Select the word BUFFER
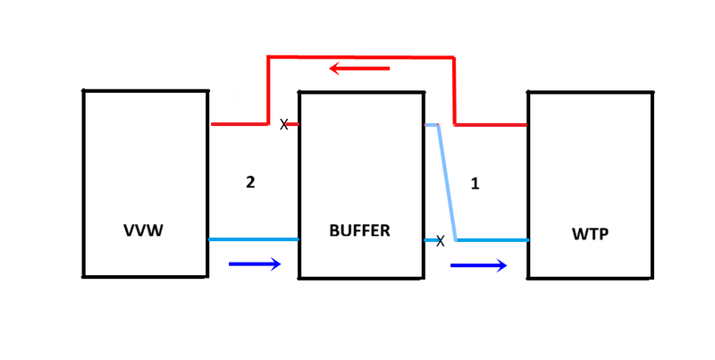358,230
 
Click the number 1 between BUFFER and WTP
475,184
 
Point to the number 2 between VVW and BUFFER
250,182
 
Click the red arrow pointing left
359,68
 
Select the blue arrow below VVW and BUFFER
256,264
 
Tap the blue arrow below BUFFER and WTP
478,264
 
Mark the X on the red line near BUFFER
284,125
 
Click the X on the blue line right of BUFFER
440,240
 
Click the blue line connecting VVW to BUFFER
253,239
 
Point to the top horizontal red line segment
361,57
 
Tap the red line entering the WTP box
492,125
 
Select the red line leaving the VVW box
238,124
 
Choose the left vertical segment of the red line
268,90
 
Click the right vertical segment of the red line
455,90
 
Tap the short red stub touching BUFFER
293,124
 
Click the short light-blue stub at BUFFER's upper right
430,125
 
